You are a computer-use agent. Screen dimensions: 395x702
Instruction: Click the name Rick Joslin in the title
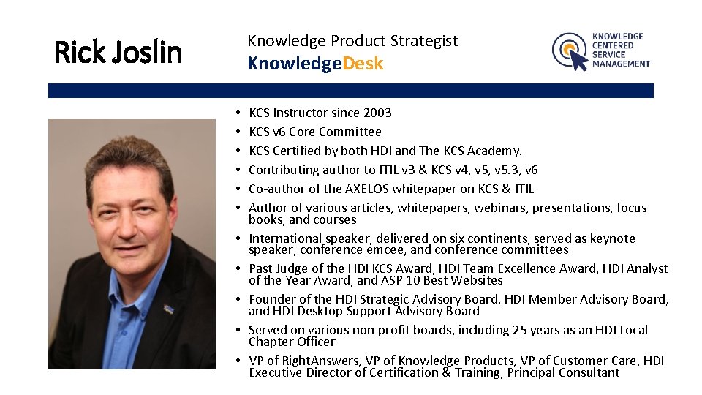(x=118, y=52)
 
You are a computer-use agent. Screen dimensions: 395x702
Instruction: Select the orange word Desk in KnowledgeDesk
(x=363, y=64)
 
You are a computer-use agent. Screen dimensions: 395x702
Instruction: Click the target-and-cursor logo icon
(x=570, y=51)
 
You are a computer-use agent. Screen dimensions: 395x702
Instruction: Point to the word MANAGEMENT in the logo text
(x=621, y=64)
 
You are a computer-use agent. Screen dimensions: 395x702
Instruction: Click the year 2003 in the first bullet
(x=377, y=113)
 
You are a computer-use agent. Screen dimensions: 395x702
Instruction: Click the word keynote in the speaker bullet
(x=612, y=238)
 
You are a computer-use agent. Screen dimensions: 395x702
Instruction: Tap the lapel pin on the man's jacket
(x=167, y=309)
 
